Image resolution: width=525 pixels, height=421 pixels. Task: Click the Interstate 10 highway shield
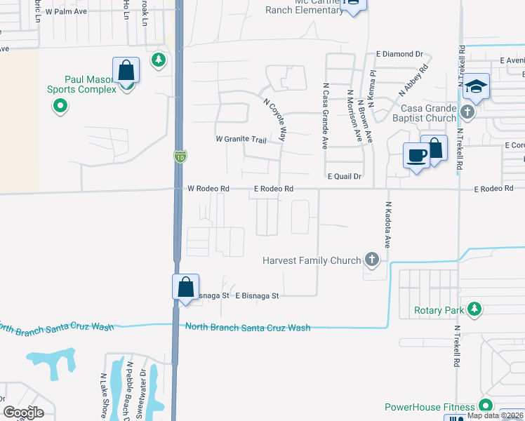pos(180,157)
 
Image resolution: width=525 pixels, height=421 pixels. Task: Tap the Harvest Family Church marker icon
pos(372,261)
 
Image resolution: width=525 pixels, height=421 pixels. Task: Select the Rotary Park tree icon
pos(474,309)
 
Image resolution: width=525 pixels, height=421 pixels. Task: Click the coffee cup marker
pos(416,155)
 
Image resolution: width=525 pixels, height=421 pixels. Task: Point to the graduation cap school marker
pos(477,86)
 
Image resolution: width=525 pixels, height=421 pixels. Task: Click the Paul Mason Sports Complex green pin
pos(60,107)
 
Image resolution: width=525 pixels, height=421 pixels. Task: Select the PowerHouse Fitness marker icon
pos(484,406)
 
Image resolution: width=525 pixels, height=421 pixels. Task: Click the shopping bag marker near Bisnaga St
pos(185,287)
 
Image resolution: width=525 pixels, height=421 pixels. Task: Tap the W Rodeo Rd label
pos(208,189)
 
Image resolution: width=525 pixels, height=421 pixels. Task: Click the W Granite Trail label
pos(241,140)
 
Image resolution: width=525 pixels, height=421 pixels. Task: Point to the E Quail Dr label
pos(343,177)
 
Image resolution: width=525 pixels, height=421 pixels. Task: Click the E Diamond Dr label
pos(399,53)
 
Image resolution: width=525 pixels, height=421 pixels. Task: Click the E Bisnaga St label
pos(257,296)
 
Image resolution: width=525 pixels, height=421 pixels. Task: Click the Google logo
pos(23,412)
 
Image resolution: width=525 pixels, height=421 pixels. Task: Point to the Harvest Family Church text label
pos(311,261)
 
